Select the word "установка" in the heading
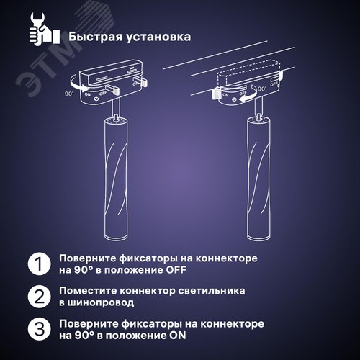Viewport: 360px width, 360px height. click(156, 35)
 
